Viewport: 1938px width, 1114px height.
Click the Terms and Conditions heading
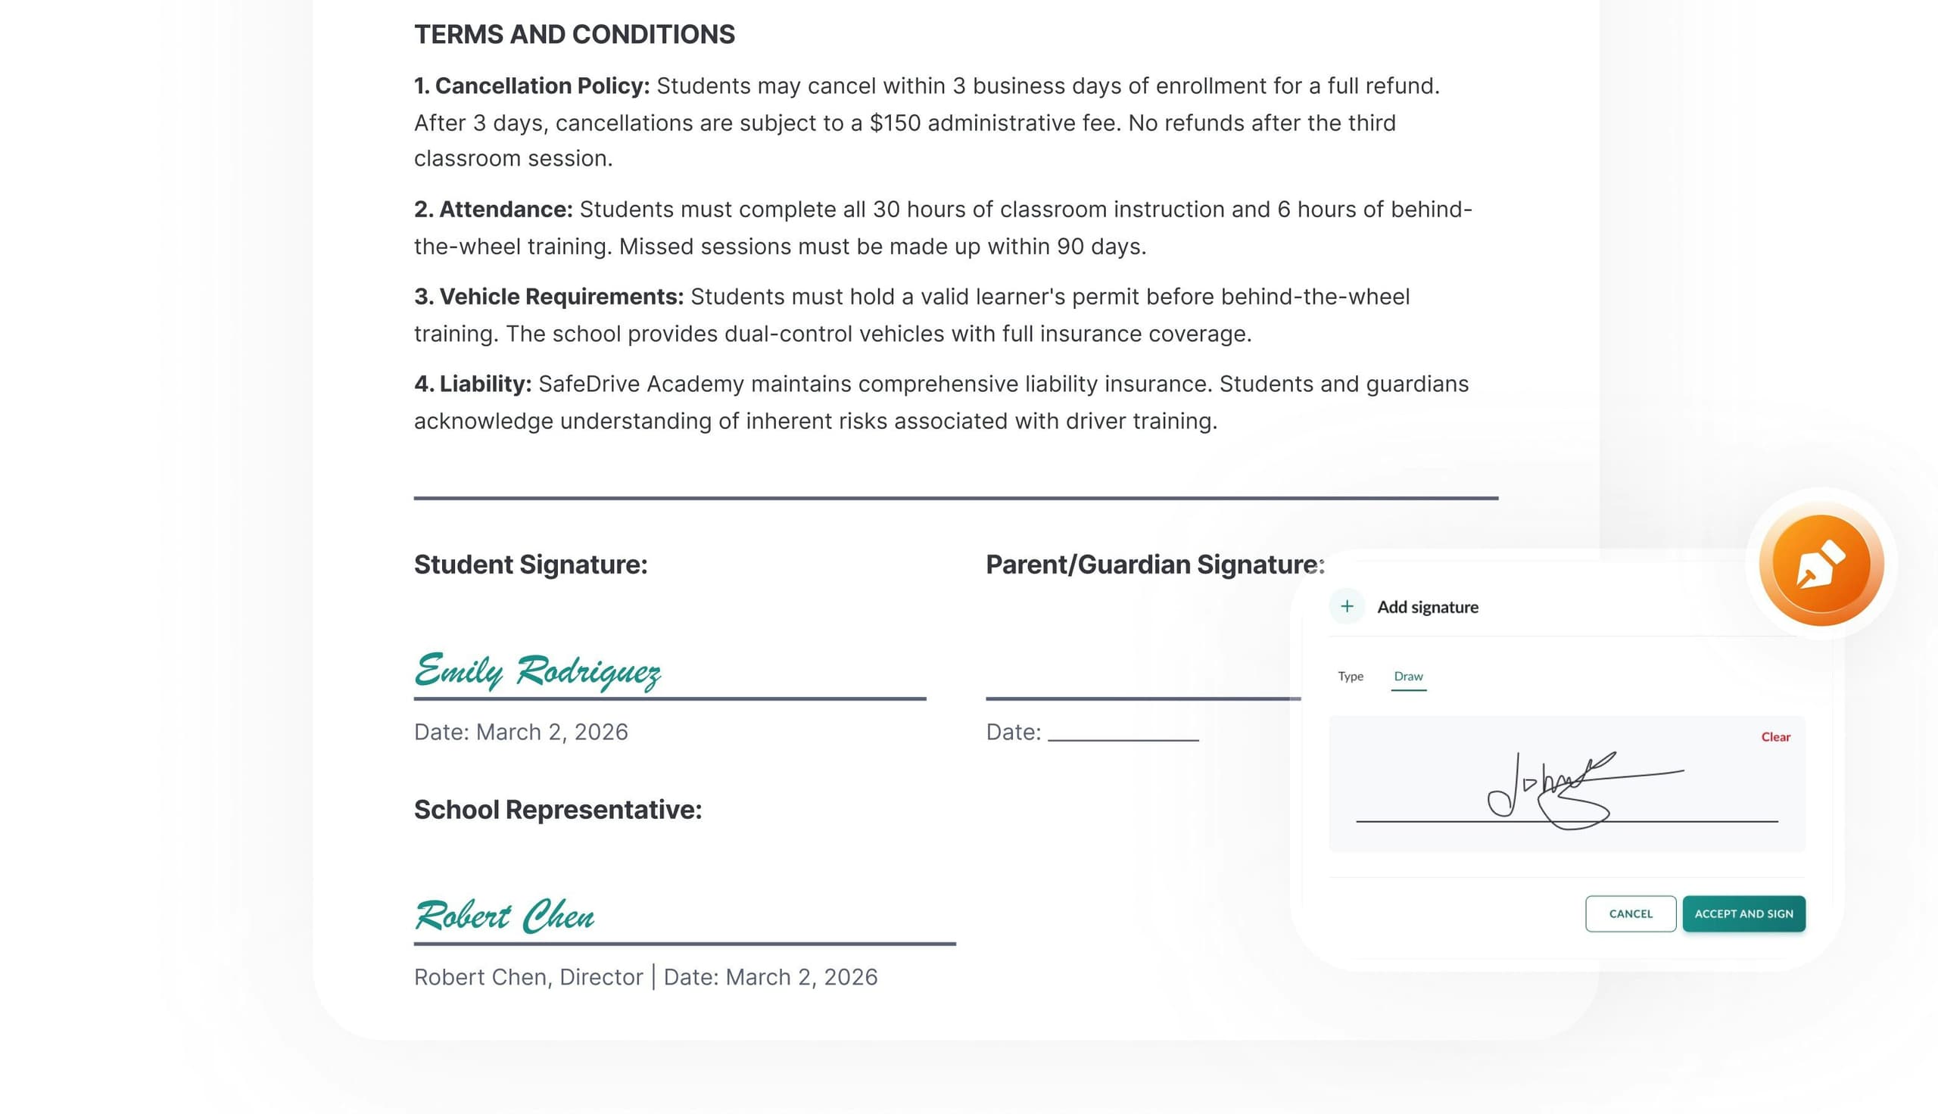click(x=574, y=34)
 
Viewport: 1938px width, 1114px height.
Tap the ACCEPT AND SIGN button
click(x=1743, y=913)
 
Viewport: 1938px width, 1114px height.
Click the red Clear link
click(x=1775, y=737)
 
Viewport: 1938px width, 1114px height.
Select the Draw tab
click(x=1408, y=677)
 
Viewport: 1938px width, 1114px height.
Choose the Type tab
click(x=1350, y=677)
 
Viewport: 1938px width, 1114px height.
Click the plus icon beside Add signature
click(x=1347, y=607)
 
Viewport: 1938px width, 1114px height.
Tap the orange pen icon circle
click(x=1821, y=565)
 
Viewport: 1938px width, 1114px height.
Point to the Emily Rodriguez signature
click(x=537, y=671)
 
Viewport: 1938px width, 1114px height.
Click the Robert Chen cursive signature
click(x=504, y=916)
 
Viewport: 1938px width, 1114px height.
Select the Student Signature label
click(x=530, y=565)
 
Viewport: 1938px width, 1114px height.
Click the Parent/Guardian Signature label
click(x=1154, y=565)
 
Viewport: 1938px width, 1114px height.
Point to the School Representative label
click(x=558, y=810)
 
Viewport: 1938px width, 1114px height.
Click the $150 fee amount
click(x=894, y=123)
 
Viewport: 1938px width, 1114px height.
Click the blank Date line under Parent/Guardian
click(x=1123, y=733)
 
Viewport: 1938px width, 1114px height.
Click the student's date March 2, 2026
click(x=551, y=733)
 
